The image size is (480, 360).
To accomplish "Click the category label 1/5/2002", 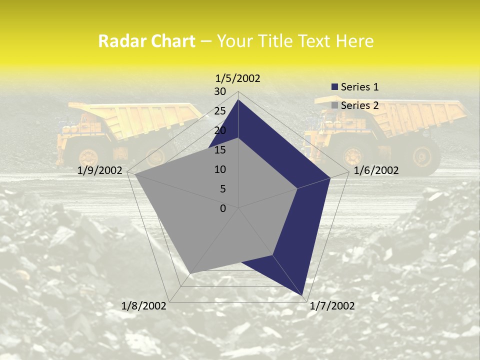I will (x=237, y=78).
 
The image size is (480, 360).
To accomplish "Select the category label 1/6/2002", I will (x=376, y=170).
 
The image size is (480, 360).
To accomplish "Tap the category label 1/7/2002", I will (x=332, y=306).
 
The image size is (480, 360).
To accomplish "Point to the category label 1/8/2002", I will (x=144, y=306).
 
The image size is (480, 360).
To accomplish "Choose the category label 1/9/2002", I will (x=100, y=170).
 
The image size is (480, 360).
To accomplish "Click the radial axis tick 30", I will (x=220, y=91).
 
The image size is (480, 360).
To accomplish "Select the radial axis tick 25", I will (x=220, y=111).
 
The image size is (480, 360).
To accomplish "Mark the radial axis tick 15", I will (x=220, y=150).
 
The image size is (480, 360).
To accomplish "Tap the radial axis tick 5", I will (x=222, y=189).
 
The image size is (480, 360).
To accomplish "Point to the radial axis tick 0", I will (x=223, y=208).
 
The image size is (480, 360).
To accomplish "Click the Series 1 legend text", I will (x=359, y=87).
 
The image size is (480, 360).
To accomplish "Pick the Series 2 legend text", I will (x=359, y=105).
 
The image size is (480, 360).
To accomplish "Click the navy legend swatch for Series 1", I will (x=334, y=87).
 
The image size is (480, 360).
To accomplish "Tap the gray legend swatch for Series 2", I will (x=334, y=105).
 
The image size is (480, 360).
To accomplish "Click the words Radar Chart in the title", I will (x=146, y=41).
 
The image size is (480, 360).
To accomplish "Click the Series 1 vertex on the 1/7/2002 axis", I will (x=303, y=295).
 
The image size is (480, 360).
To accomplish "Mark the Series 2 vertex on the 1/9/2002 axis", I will (x=135, y=174).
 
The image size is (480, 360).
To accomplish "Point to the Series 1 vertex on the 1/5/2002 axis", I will (x=238, y=100).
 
